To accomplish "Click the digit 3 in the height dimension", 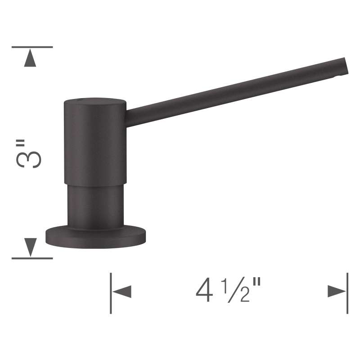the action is tap(29, 159).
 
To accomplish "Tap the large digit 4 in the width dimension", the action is tap(204, 290).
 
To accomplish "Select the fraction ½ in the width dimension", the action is tap(235, 290).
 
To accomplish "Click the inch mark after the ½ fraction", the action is tap(256, 282).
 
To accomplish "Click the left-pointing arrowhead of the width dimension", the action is tap(122, 292).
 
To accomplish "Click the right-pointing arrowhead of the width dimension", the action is tap(337, 291).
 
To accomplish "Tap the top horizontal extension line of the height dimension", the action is tap(32, 47).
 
